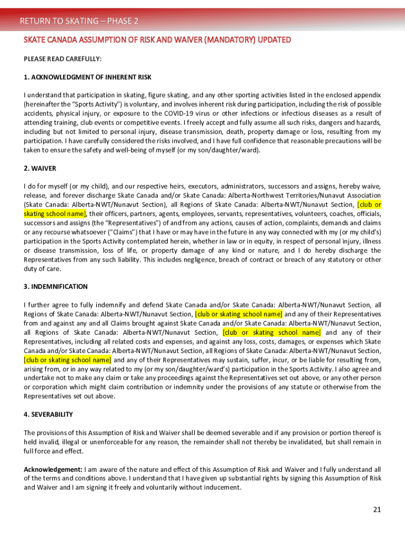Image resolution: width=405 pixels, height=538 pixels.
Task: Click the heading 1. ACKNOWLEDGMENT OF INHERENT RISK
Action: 87,77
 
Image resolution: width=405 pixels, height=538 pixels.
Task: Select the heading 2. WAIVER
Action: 40,169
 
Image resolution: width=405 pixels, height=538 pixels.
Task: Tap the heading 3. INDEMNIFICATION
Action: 56,287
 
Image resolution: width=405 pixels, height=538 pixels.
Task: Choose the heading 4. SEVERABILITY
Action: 48,415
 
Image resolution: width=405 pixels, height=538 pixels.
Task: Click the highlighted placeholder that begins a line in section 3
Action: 68,360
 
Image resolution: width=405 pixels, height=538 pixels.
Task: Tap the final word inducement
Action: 221,488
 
